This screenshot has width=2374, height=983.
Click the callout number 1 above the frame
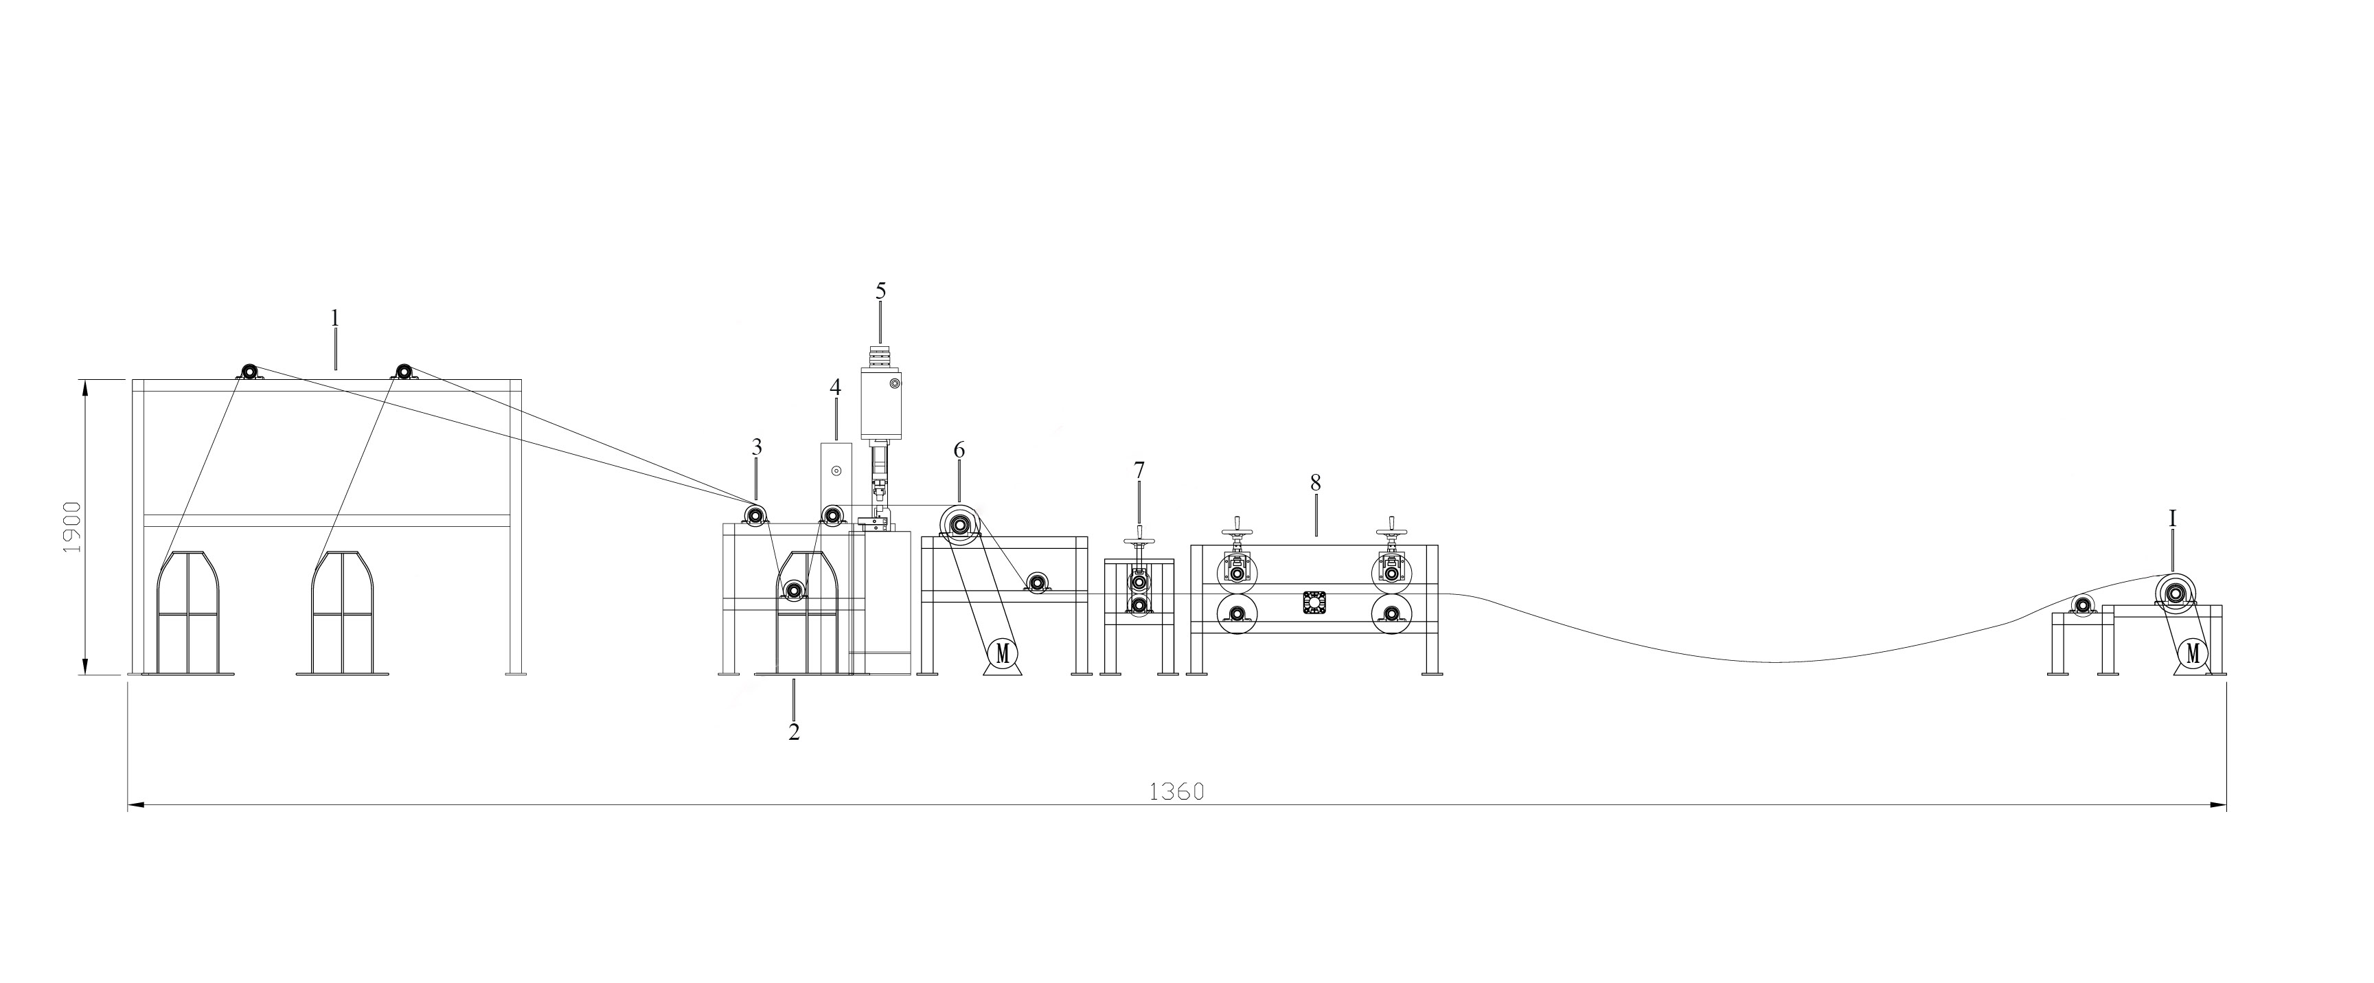pos(335,318)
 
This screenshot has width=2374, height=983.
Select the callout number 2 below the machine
pos(793,732)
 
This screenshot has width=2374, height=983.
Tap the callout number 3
pos(757,448)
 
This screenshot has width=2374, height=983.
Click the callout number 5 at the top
pos(880,291)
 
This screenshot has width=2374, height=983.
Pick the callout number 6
pos(959,450)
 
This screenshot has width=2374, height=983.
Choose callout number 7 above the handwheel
pos(1139,471)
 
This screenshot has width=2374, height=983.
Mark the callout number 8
pos(1315,482)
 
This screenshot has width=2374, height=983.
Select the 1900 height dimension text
pos(73,528)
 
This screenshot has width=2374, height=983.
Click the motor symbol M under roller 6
pos(1003,653)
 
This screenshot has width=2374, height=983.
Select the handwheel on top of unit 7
pos(1139,544)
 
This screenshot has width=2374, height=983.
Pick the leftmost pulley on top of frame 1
pos(248,372)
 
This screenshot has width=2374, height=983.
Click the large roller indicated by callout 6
pos(960,526)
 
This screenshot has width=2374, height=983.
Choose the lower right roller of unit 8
pos(1391,613)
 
